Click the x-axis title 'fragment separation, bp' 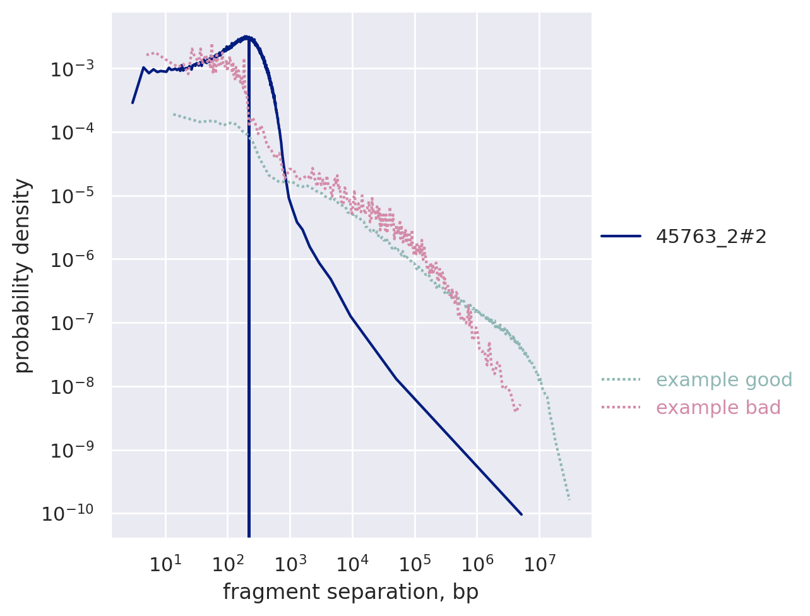pos(350,592)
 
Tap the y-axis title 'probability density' pos(23,276)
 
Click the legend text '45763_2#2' pos(711,237)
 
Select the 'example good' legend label pos(724,380)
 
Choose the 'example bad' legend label pos(718,408)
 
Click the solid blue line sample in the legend pos(621,237)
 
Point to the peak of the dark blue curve pos(248,37)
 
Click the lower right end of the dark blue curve pos(521,514)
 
